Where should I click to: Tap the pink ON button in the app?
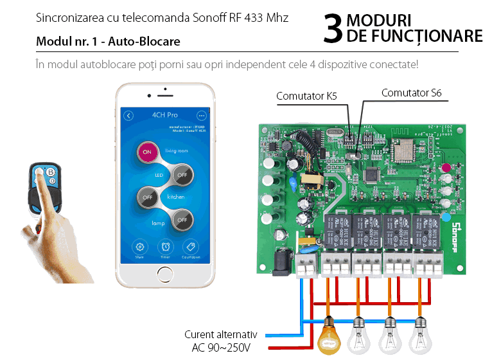(147, 152)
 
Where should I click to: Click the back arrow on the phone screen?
(129, 116)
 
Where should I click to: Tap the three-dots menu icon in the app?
(202, 116)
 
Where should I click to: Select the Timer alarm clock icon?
(166, 247)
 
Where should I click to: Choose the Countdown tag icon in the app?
(189, 247)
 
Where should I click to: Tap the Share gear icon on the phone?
(140, 247)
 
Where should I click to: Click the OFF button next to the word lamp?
(182, 219)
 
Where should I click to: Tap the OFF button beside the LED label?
(182, 174)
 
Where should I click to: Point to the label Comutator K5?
(306, 96)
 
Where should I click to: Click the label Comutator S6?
(411, 93)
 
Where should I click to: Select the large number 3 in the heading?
(332, 30)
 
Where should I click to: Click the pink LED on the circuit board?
(446, 168)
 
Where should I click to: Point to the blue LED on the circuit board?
(446, 217)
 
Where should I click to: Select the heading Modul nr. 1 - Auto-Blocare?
(108, 42)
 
